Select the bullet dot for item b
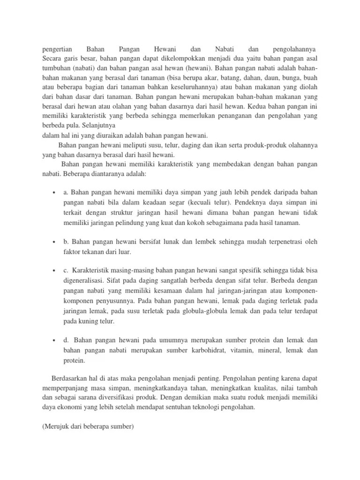(x=55, y=242)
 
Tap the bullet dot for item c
(x=55, y=271)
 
